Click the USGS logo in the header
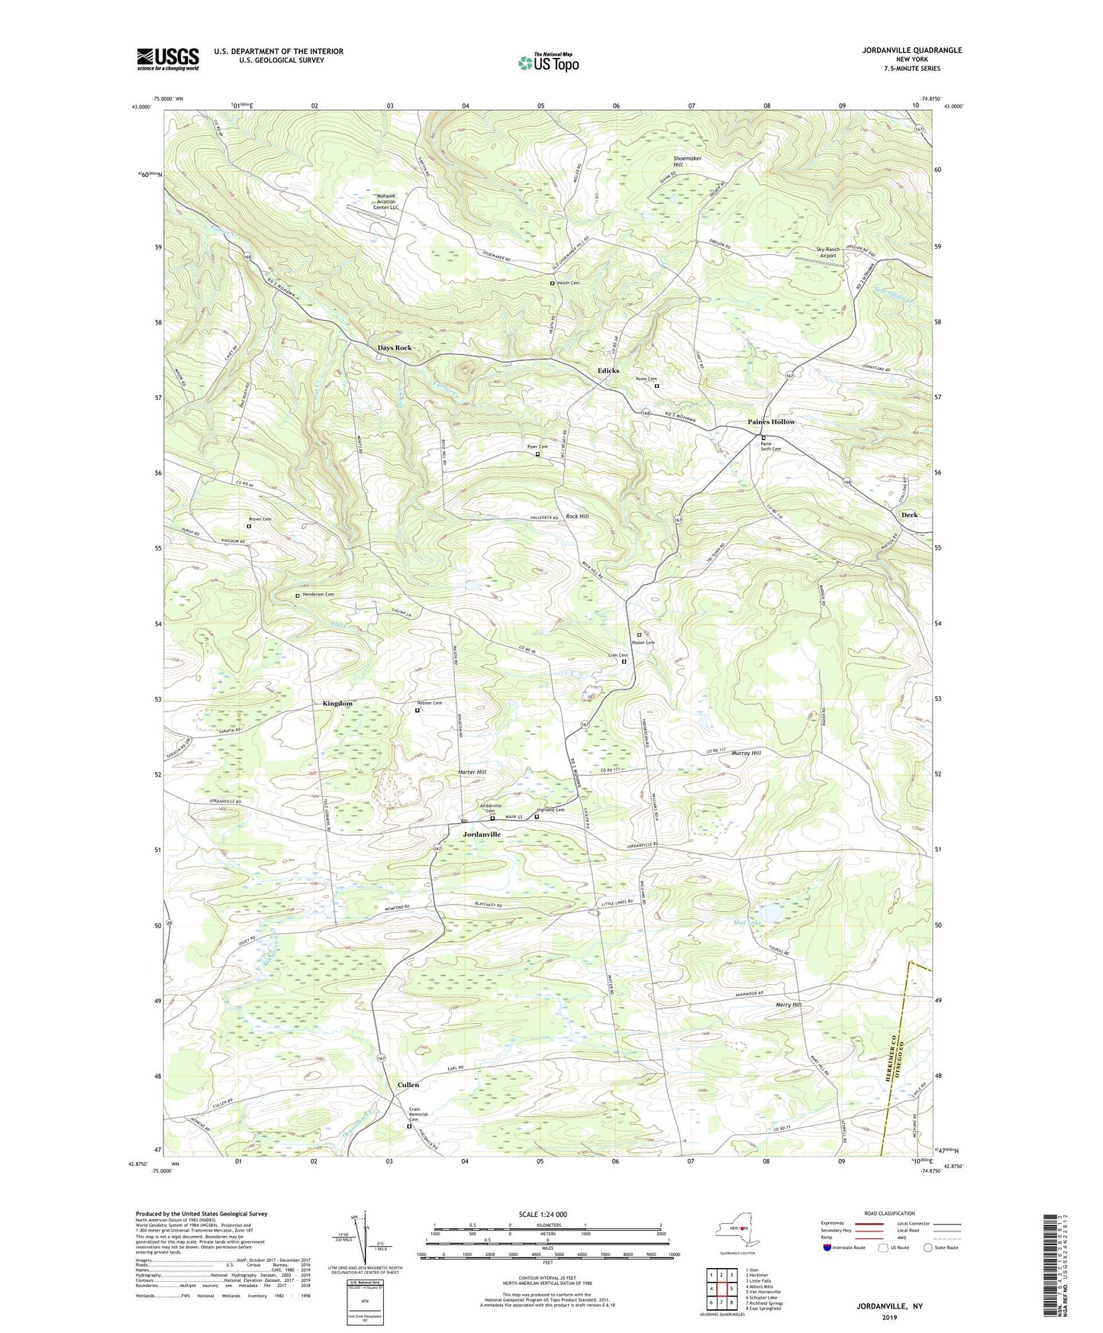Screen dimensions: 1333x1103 [167, 59]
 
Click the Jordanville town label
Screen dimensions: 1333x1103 [482, 834]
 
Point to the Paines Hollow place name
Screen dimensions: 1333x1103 [770, 422]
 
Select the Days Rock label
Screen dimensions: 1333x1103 [395, 348]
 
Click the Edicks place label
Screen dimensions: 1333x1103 [608, 371]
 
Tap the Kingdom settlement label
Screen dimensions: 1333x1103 [337, 703]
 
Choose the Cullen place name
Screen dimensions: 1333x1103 [408, 1084]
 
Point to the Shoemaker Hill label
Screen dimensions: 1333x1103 [687, 161]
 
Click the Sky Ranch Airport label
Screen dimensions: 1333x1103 [827, 253]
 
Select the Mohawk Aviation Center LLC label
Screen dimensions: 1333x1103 [386, 202]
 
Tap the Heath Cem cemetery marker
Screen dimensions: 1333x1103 [553, 283]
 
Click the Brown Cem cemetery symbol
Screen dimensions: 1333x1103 [249, 526]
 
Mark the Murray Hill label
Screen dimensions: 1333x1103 [746, 754]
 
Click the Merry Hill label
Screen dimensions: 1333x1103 [785, 1005]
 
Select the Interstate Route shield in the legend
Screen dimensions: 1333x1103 [828, 1247]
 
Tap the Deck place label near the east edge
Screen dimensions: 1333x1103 [908, 515]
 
